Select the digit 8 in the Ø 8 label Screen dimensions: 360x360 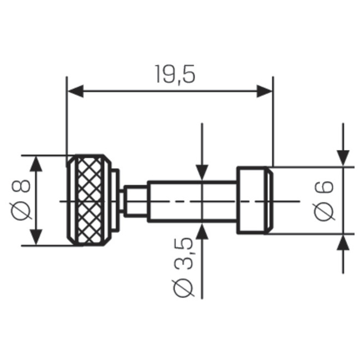point(21,187)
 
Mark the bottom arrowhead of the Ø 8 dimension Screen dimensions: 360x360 point(36,237)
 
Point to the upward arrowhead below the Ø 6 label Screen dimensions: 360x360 point(343,242)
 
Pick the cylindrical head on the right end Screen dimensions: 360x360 point(254,200)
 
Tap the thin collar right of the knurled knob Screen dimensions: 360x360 point(116,200)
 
